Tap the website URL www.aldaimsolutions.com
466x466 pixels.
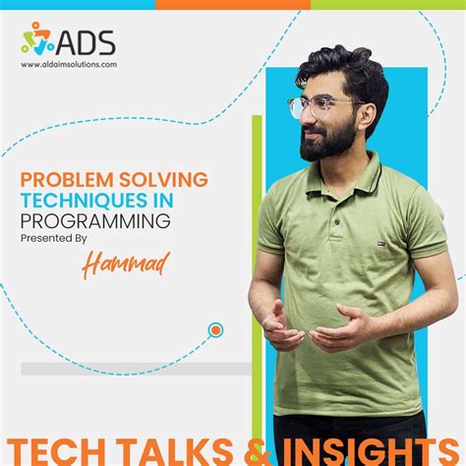click(x=69, y=65)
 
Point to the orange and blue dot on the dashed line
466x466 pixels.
click(x=215, y=330)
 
